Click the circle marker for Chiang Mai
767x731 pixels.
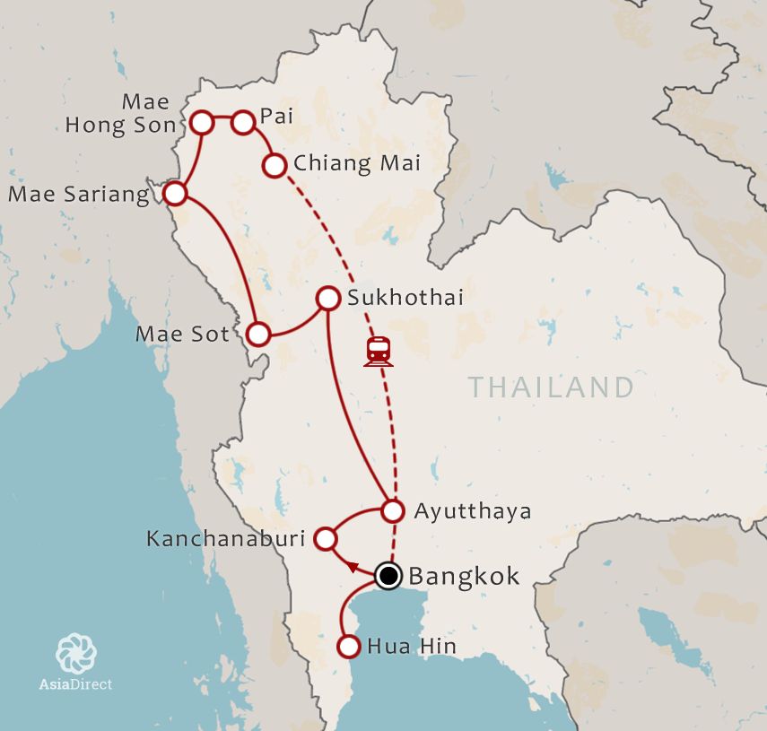(275, 165)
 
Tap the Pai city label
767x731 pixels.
(275, 116)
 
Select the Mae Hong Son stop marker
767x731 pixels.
(202, 122)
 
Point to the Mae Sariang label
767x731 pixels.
(79, 195)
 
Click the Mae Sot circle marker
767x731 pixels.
(258, 335)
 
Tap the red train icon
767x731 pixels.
(379, 351)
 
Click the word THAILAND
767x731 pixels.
(551, 387)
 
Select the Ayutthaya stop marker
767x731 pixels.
(392, 511)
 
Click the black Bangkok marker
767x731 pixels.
(388, 575)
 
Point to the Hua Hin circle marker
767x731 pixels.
(348, 646)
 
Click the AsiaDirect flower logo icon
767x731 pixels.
(75, 653)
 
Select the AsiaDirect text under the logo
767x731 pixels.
(75, 684)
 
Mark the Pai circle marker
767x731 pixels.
(243, 122)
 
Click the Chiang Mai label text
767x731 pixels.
(357, 164)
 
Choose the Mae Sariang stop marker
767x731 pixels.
(176, 193)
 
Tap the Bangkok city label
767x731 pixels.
(464, 576)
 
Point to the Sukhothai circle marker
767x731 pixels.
(328, 298)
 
